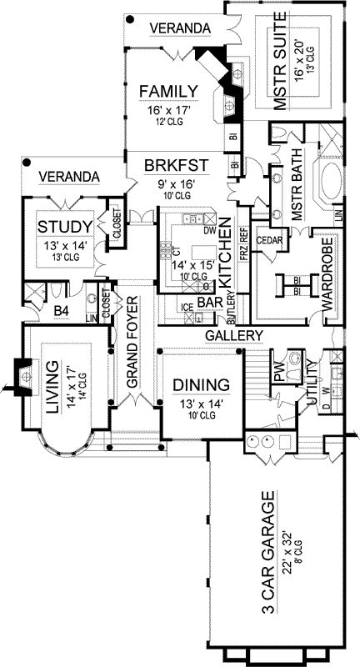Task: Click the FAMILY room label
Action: (x=167, y=91)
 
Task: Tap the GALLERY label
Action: (x=234, y=335)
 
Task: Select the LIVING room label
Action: (x=53, y=388)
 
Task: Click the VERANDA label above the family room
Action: (x=179, y=28)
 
